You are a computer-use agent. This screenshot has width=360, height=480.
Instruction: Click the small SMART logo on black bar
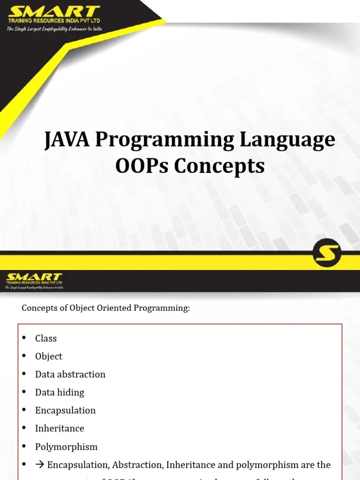34,277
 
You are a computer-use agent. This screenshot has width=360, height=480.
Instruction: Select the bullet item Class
46,338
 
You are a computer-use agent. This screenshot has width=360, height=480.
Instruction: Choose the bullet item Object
49,356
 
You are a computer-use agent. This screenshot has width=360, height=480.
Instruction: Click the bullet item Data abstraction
70,374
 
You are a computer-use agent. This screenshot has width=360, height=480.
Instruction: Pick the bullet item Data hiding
60,392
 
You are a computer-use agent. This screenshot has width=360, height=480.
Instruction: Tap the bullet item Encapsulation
65,410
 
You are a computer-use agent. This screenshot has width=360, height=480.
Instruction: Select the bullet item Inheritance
60,428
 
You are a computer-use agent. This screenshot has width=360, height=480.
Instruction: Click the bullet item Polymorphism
66,447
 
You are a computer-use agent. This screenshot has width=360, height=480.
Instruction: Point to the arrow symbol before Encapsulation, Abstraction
40,465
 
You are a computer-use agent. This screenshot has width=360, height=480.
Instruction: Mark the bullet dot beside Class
24,338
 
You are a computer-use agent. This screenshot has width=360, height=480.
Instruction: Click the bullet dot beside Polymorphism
24,447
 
